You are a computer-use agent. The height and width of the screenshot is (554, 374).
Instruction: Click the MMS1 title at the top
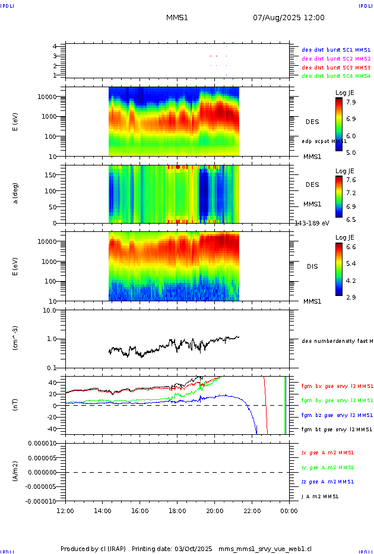click(177, 18)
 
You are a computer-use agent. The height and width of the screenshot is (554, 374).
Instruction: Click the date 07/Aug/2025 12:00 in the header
click(289, 18)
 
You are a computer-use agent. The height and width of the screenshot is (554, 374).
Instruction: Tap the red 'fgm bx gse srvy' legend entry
click(337, 386)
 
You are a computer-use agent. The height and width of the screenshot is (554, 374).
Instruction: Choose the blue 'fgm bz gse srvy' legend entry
click(337, 415)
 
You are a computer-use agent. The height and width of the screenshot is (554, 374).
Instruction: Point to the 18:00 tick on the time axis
click(177, 510)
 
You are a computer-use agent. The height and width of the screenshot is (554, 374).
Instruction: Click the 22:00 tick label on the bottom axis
click(252, 510)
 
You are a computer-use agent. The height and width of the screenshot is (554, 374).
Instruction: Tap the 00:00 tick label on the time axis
click(289, 510)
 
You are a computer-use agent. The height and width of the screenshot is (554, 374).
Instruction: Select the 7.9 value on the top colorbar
click(351, 102)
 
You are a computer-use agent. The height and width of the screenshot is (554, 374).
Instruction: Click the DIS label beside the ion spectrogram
click(312, 266)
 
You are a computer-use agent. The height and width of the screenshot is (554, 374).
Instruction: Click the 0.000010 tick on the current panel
click(42, 444)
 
